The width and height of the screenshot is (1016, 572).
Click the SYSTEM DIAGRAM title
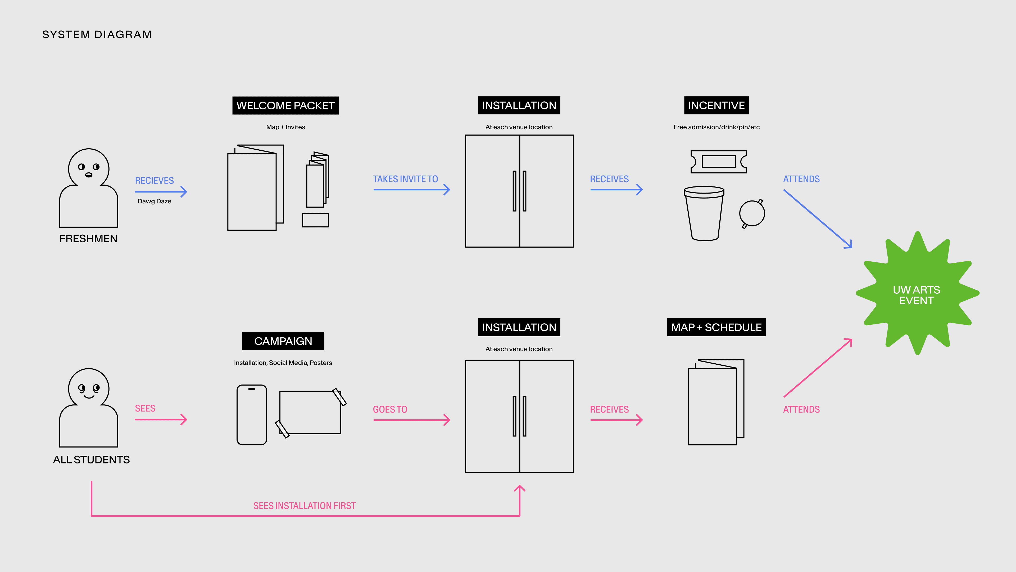[x=97, y=35]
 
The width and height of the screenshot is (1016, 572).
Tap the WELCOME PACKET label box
[x=285, y=105]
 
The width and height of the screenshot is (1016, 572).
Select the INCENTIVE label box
[x=716, y=105]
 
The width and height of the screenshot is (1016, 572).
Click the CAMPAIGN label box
[x=283, y=341]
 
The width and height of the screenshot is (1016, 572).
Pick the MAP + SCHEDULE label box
[x=716, y=327]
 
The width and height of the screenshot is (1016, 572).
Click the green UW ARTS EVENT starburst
[x=916, y=294]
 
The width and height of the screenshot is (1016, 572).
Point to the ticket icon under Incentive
[x=718, y=162]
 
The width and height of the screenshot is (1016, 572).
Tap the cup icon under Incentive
[x=704, y=213]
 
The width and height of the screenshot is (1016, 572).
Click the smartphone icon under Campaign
[x=252, y=414]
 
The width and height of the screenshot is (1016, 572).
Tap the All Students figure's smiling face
[x=89, y=389]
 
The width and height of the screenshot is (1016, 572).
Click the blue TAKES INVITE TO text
[x=405, y=179]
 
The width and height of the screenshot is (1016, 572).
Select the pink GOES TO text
[x=390, y=409]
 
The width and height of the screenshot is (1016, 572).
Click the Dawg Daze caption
[x=154, y=201]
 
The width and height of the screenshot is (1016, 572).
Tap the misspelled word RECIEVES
[x=154, y=180]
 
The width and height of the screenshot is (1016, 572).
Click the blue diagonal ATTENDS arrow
[x=817, y=219]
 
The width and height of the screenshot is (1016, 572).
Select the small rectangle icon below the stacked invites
[x=315, y=220]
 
